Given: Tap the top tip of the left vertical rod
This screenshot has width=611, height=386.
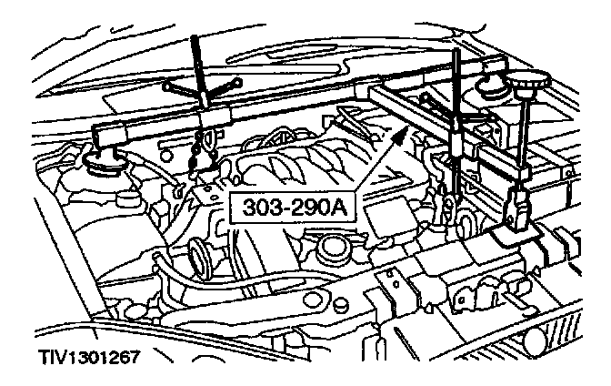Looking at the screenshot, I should point(197,38).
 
